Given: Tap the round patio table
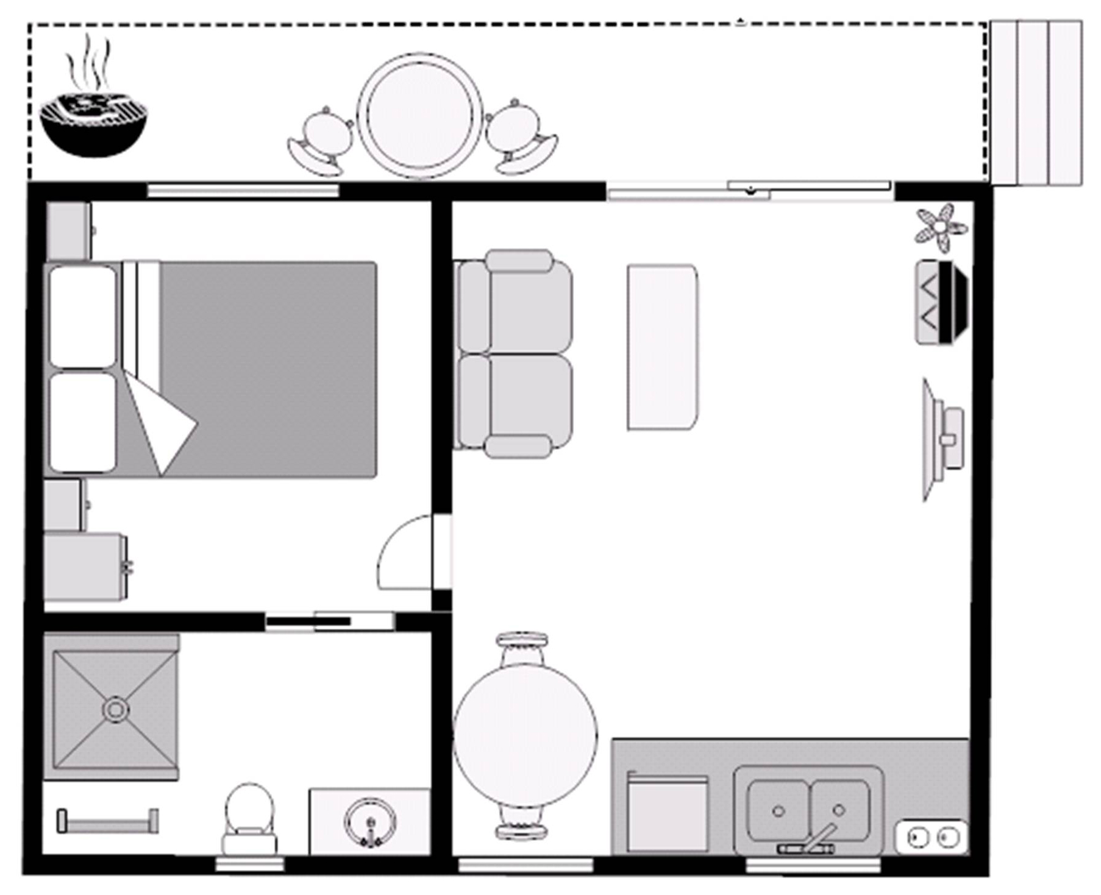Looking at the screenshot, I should [x=419, y=116].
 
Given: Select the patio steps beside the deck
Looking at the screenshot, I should [x=1035, y=102].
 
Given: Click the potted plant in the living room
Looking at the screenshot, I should [x=942, y=228].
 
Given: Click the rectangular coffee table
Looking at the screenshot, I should [x=662, y=347].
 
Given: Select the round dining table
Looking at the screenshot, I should [x=525, y=734].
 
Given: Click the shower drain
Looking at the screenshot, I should [x=115, y=709].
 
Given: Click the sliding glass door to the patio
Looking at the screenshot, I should [x=750, y=189].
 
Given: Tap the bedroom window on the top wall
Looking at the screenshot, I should [x=243, y=191].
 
